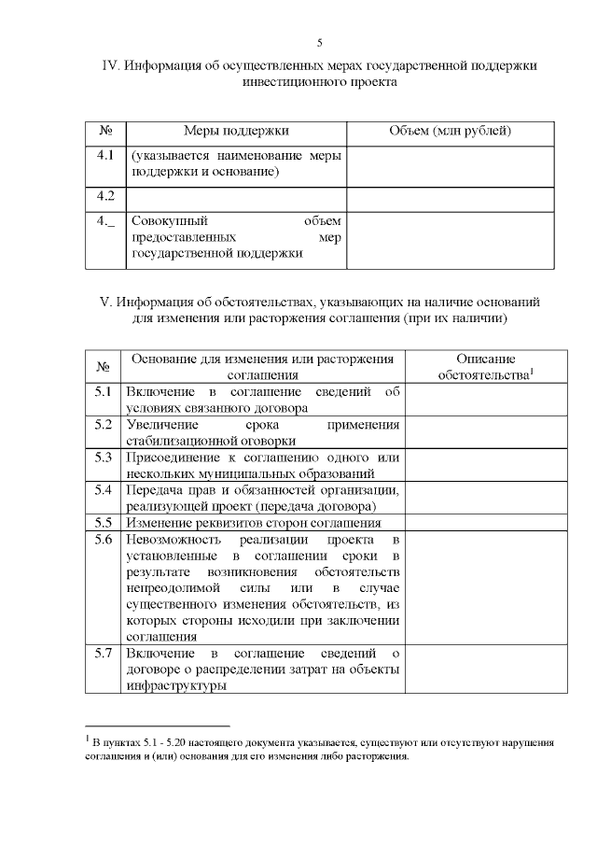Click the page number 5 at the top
pos(320,43)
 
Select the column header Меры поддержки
pos(236,131)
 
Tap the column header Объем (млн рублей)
pos(450,131)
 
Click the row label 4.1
pos(105,155)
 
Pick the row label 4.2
pos(105,196)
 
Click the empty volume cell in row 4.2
pos(450,197)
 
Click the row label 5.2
pos(104,424)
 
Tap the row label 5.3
pos(104,457)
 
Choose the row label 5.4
pos(104,489)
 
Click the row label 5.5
pos(104,522)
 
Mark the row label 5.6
pos(104,540)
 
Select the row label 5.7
pos(104,653)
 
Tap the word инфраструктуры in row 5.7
pos(177,685)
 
